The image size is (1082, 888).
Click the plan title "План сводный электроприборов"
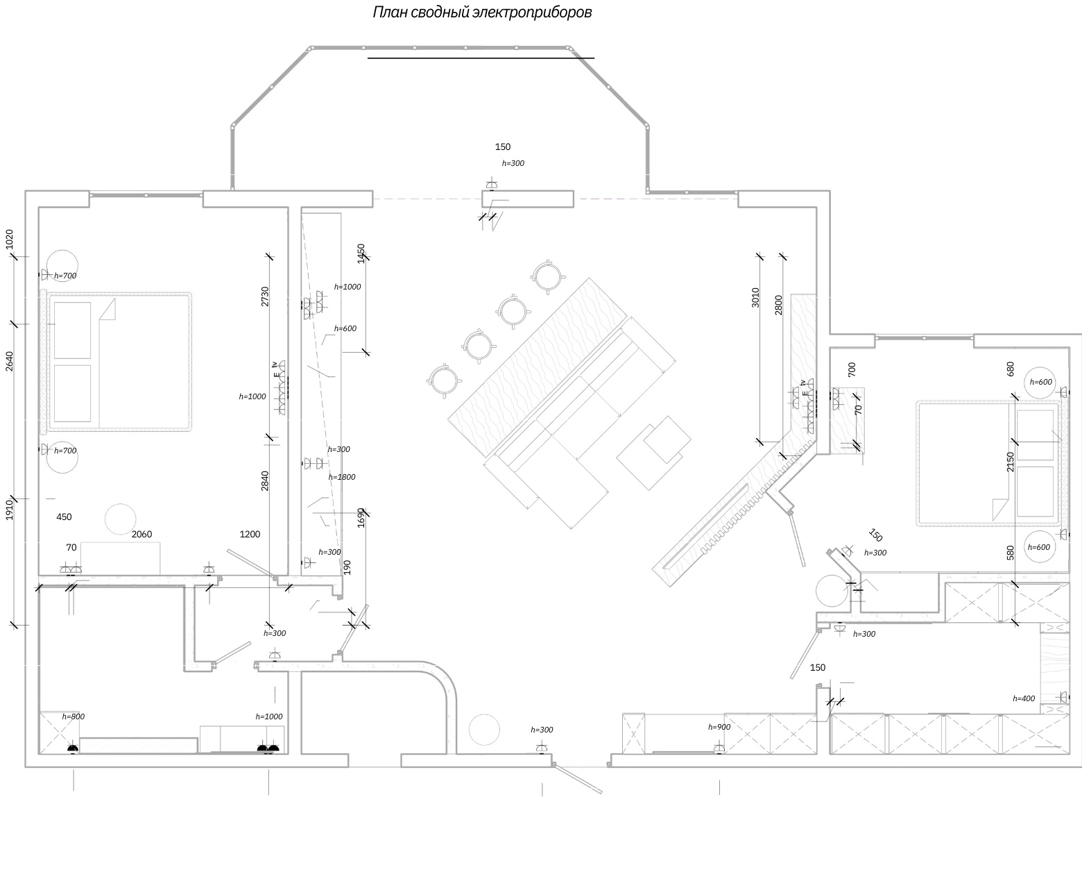point(482,12)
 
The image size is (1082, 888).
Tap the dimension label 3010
point(755,298)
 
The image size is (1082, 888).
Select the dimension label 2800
point(779,305)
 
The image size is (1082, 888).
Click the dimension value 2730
point(265,297)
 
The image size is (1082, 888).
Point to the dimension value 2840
point(265,480)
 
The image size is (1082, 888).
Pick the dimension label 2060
point(141,534)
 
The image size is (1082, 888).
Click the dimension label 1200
point(250,534)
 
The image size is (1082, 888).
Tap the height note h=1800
point(342,477)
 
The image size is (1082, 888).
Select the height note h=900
point(719,727)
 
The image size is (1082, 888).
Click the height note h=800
point(74,717)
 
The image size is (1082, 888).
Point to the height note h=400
point(1024,698)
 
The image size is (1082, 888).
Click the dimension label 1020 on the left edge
point(9,240)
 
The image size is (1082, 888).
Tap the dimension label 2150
point(1010,462)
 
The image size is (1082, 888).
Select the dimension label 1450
point(361,253)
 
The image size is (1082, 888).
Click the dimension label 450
point(64,517)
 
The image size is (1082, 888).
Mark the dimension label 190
point(347,567)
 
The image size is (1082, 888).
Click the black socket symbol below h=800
point(73,749)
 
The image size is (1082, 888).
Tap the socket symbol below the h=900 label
point(719,748)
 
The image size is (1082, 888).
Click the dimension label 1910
point(9,510)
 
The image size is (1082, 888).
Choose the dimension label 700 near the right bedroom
point(852,369)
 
